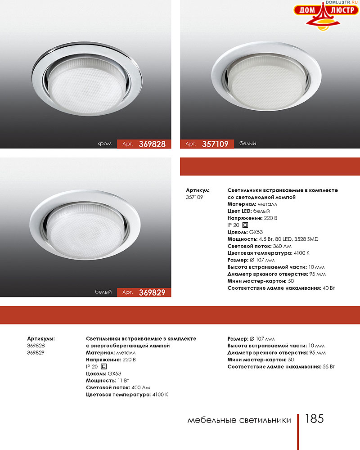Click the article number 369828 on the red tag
152,144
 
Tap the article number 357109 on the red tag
215,144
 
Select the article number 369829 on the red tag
152,292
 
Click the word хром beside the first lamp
104,144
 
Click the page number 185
314,419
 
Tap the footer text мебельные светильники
239,420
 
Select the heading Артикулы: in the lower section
41,338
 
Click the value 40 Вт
328,288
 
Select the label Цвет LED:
240,211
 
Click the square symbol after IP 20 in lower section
103,367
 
